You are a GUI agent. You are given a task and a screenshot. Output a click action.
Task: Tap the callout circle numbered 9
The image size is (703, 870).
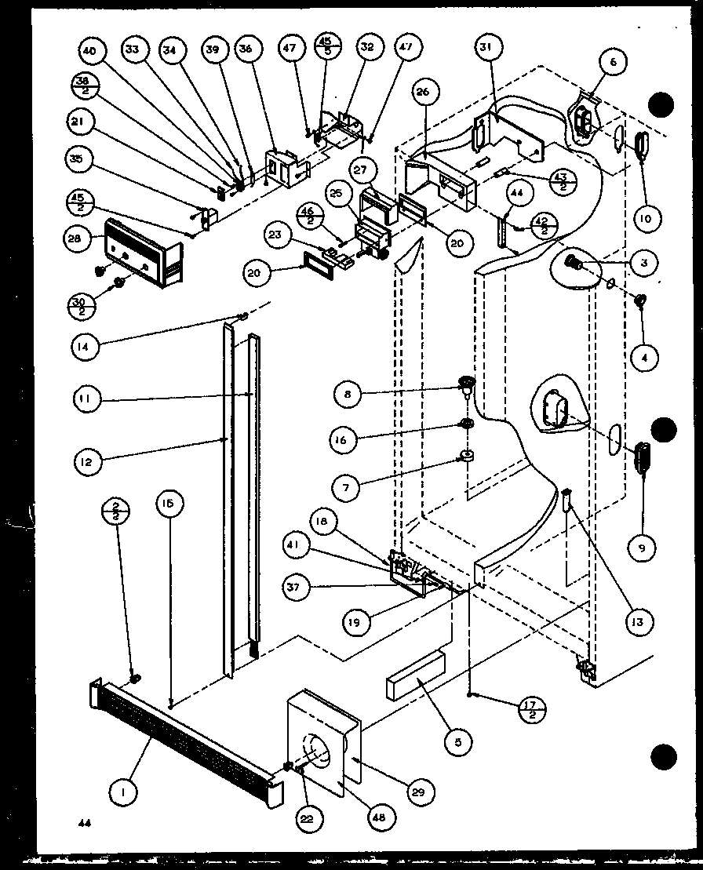click(x=641, y=548)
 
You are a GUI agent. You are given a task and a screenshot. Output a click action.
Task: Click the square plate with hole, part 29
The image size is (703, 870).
click(x=322, y=737)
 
